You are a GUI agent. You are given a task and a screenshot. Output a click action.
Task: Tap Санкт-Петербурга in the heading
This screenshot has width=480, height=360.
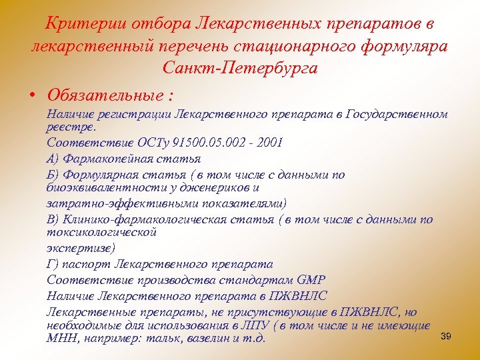click(239, 68)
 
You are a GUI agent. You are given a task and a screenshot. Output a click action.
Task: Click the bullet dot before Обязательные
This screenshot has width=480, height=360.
click(31, 91)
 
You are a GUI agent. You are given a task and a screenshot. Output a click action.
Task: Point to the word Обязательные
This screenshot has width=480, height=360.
click(101, 91)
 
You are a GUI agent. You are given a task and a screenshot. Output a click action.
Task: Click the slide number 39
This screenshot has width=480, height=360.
click(446, 336)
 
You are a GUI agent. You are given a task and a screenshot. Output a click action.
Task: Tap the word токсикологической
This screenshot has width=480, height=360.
click(101, 232)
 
